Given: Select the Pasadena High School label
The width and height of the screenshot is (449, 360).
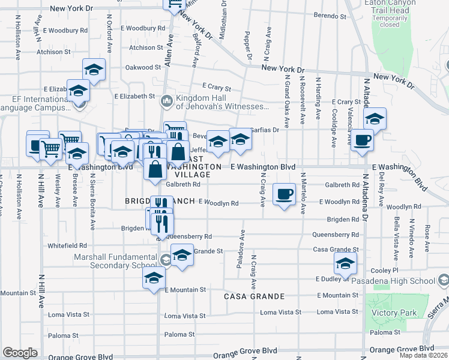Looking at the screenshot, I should coord(403,281).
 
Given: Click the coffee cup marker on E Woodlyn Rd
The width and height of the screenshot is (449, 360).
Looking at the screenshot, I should coord(285,194).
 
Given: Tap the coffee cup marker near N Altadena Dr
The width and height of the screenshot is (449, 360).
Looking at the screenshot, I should coord(363,140).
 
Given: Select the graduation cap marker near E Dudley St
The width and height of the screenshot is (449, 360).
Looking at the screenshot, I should coord(345,263).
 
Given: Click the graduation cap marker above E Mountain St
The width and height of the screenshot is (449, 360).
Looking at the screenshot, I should coord(154,278).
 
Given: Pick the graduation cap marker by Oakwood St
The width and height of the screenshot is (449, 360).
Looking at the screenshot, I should coord(94,70).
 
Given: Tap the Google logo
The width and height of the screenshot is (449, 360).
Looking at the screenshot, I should coord(20,353).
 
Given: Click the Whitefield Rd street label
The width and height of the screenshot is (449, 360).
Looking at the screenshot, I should coord(68,245).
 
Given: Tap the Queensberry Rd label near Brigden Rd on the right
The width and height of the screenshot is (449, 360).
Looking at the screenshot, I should coord(336,235).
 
